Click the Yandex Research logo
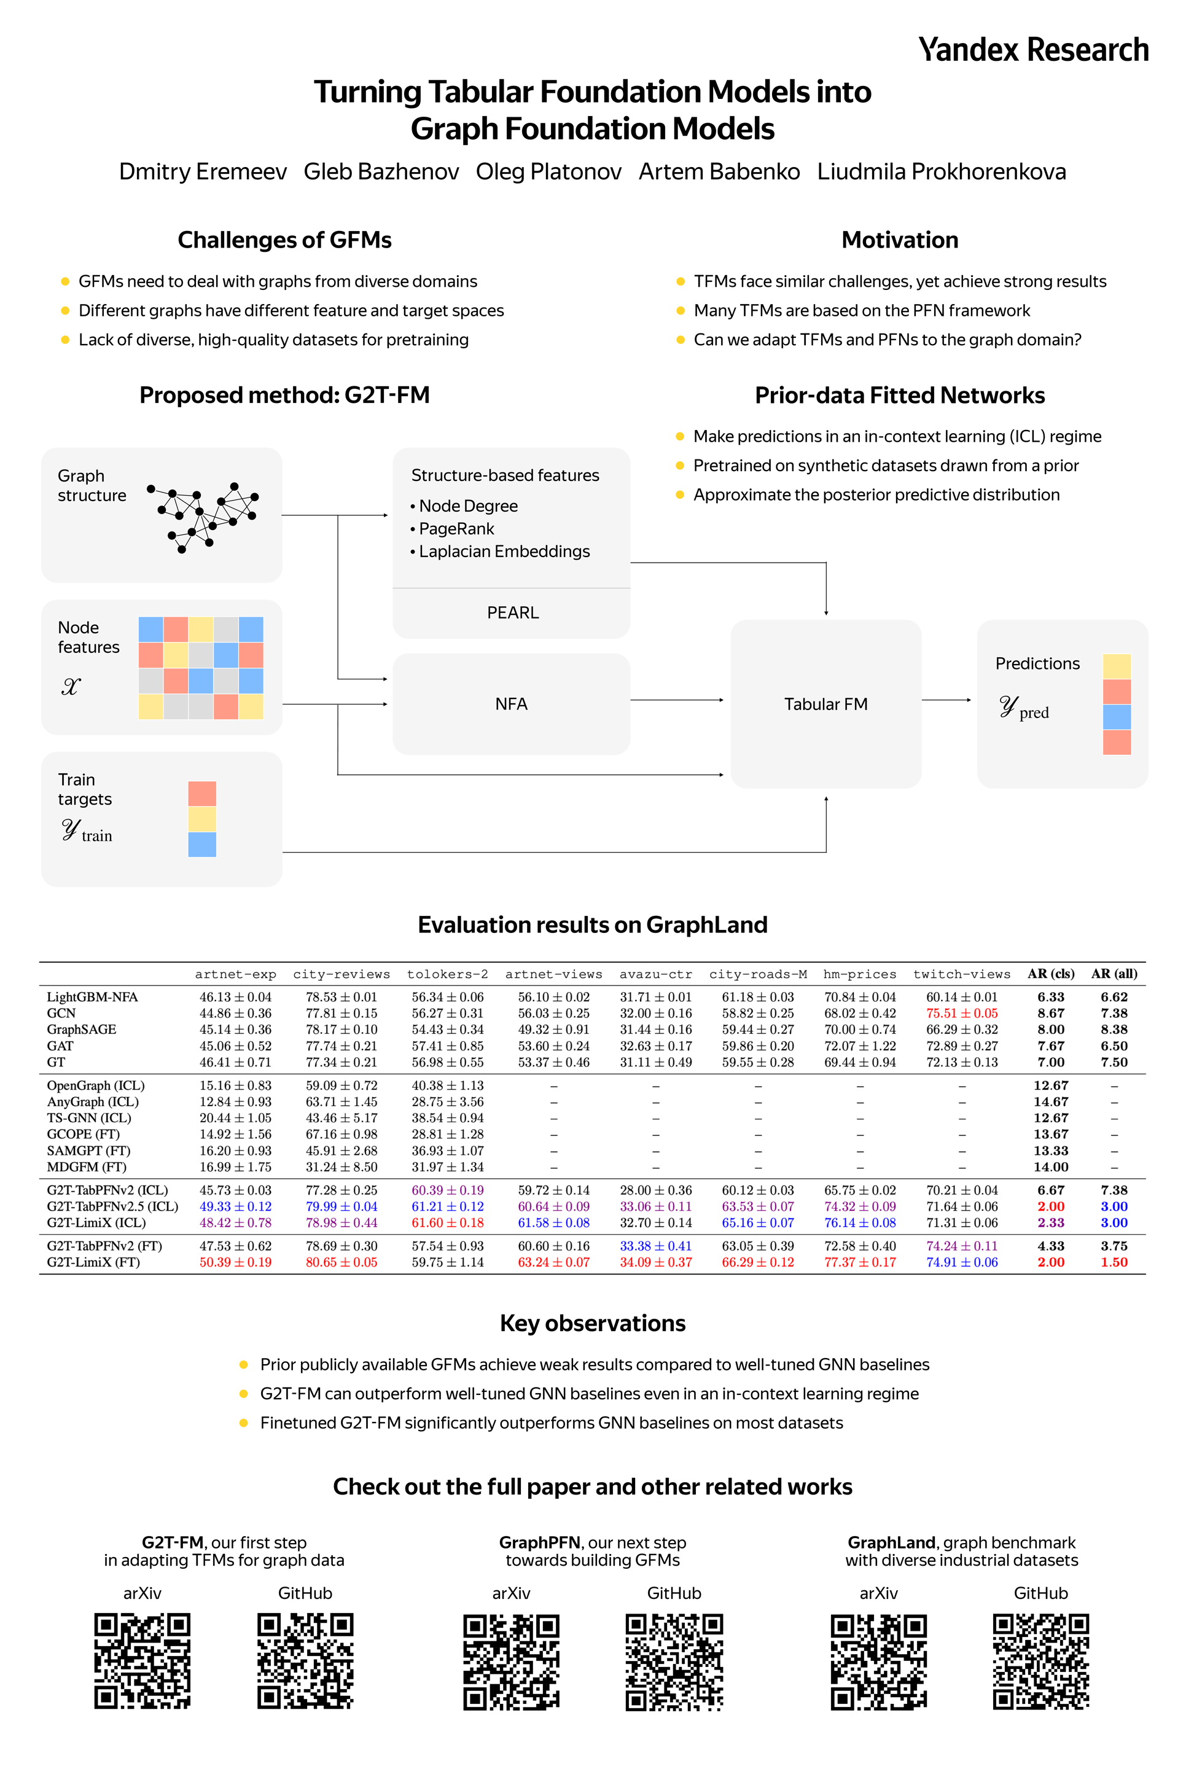[x=1033, y=50]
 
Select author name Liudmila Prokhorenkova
[x=942, y=172]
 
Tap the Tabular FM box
[x=826, y=704]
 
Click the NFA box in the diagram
[x=511, y=704]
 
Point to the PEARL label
[x=513, y=612]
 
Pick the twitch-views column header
[x=961, y=974]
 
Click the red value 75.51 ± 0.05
[x=962, y=1013]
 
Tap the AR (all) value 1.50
[x=1114, y=1262]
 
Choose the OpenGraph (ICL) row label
[x=95, y=1086]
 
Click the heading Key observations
[x=593, y=1324]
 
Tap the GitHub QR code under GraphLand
[x=1041, y=1662]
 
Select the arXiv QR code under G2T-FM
[x=142, y=1662]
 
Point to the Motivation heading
[x=900, y=240]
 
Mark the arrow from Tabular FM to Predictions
[x=947, y=700]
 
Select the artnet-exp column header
[x=235, y=974]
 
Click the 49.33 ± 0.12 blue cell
[x=235, y=1206]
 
